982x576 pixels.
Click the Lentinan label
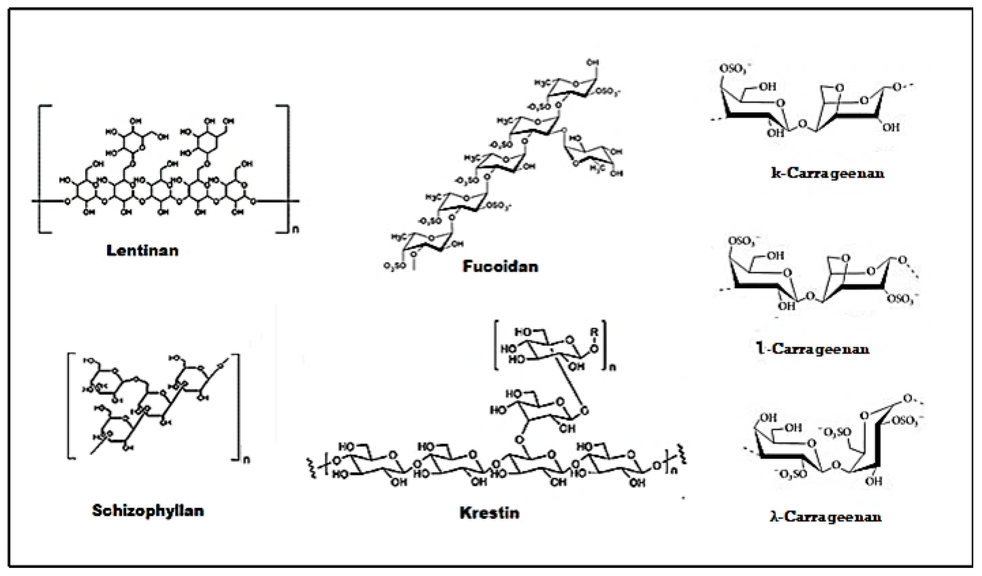[143, 251]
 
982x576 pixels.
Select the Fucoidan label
[500, 266]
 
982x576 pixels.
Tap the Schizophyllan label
[148, 511]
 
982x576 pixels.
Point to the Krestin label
[490, 513]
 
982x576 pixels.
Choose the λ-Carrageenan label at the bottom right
[826, 517]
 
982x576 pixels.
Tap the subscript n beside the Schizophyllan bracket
[246, 460]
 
